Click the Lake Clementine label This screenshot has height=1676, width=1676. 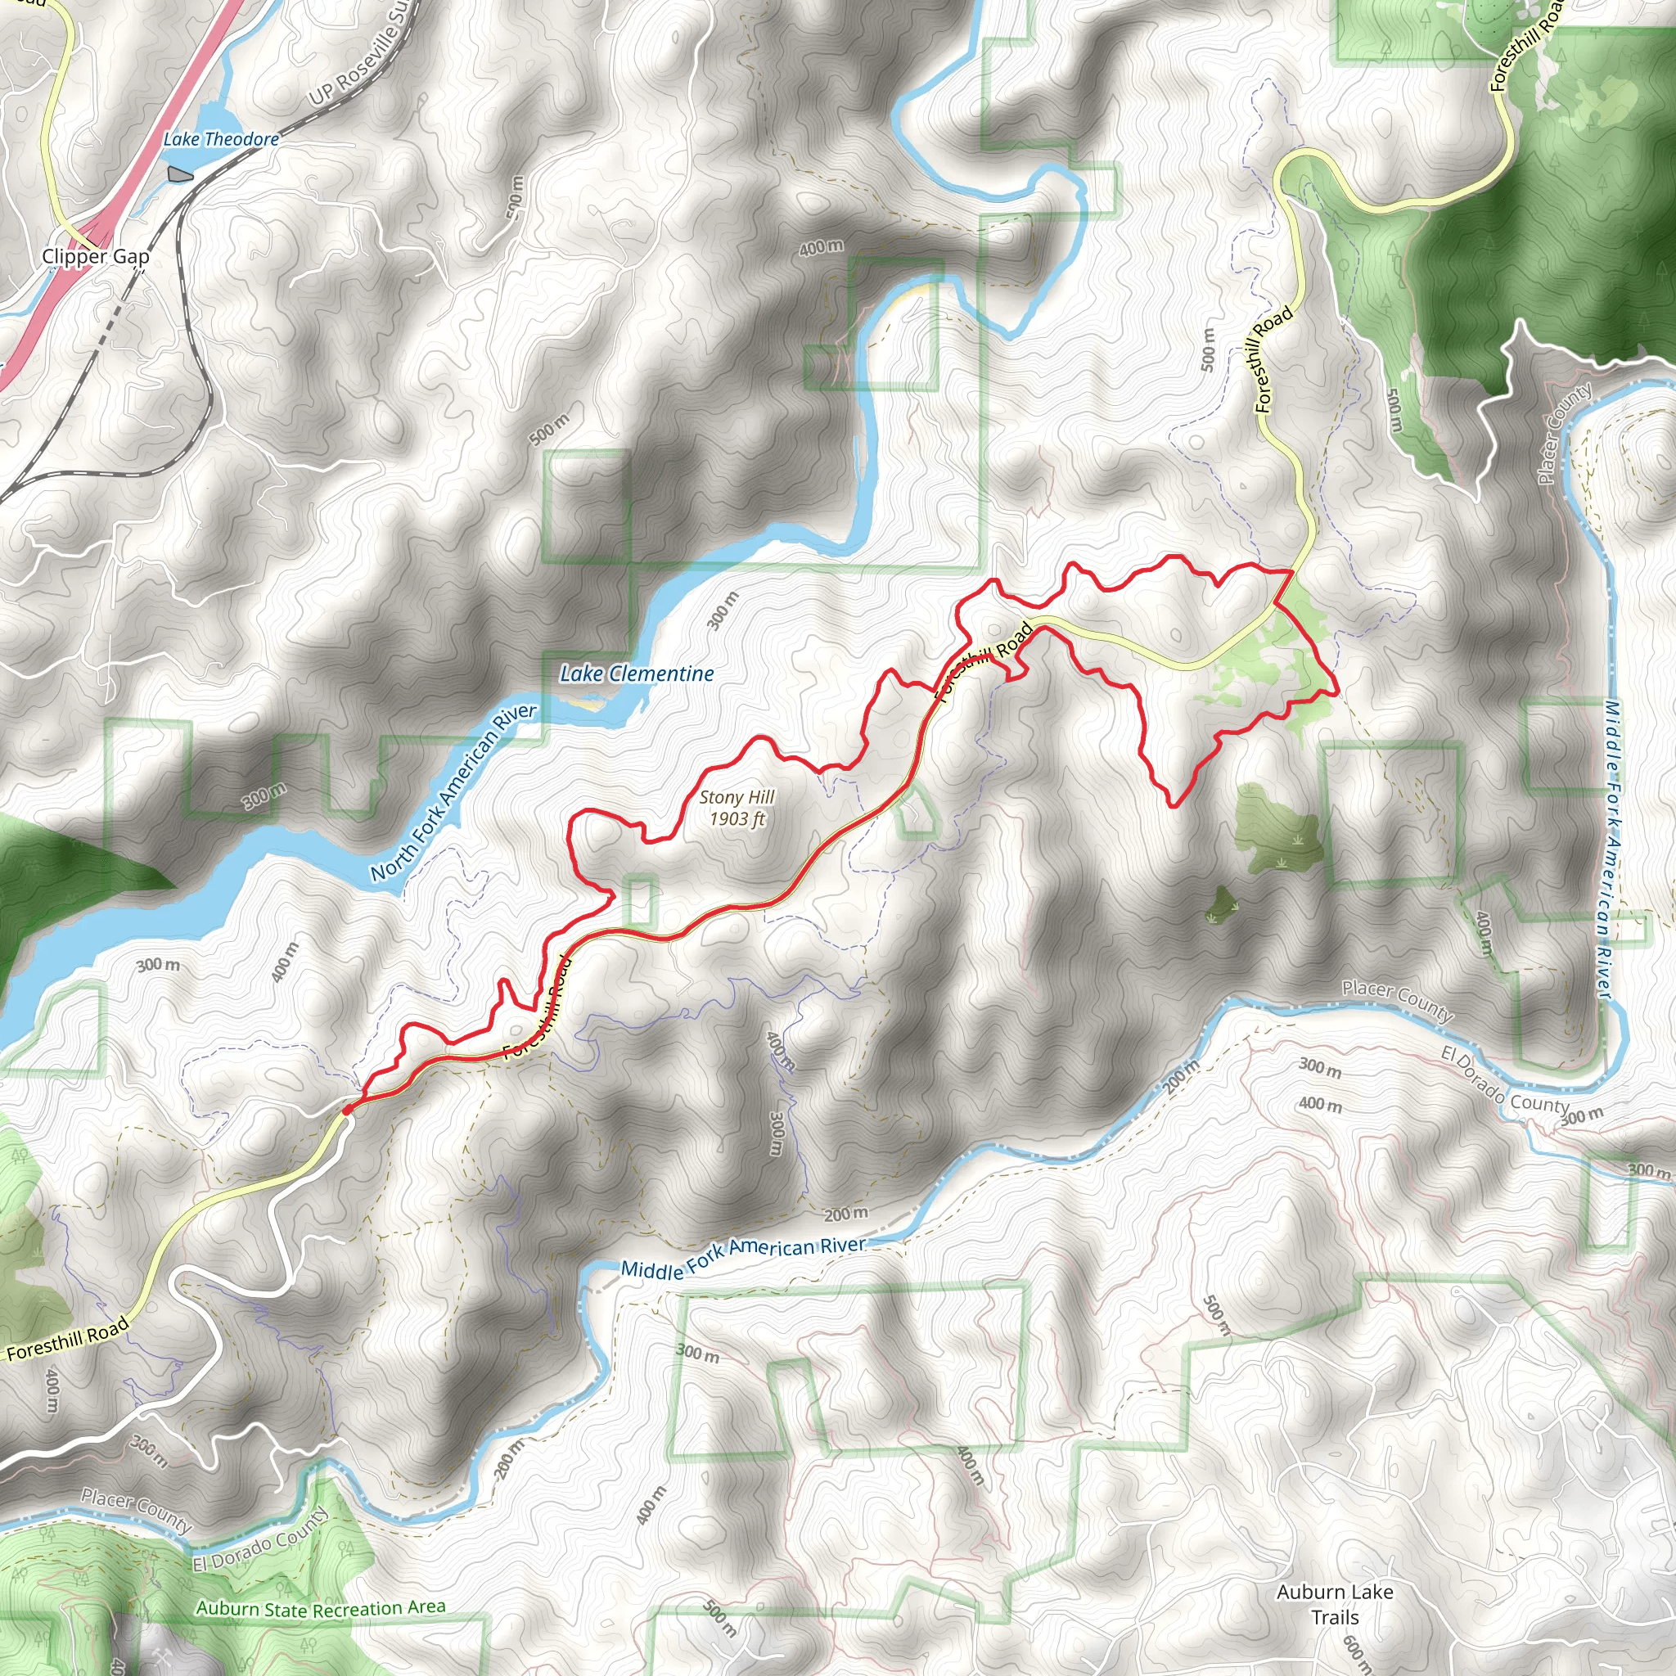point(637,674)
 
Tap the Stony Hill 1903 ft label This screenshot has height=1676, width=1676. point(737,808)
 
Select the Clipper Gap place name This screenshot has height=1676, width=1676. point(96,257)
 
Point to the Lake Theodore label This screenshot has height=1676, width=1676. point(221,140)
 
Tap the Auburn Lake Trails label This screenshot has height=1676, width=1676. point(1335,1604)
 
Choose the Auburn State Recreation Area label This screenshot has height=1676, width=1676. point(320,1609)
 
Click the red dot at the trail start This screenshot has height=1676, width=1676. point(347,1110)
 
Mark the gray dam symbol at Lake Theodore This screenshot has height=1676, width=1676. point(179,174)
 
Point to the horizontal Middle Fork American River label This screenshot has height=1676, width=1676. point(743,1257)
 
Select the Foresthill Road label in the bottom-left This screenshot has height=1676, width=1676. point(68,1339)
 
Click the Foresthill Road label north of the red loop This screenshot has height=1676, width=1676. point(1274,359)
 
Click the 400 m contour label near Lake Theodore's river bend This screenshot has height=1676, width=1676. point(821,248)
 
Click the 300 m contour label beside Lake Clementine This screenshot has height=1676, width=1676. point(723,610)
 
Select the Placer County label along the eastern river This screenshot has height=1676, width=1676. point(1564,433)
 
